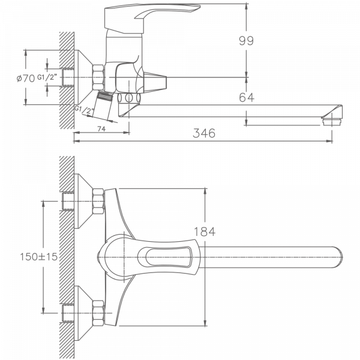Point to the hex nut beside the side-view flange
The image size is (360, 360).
(98, 79)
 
